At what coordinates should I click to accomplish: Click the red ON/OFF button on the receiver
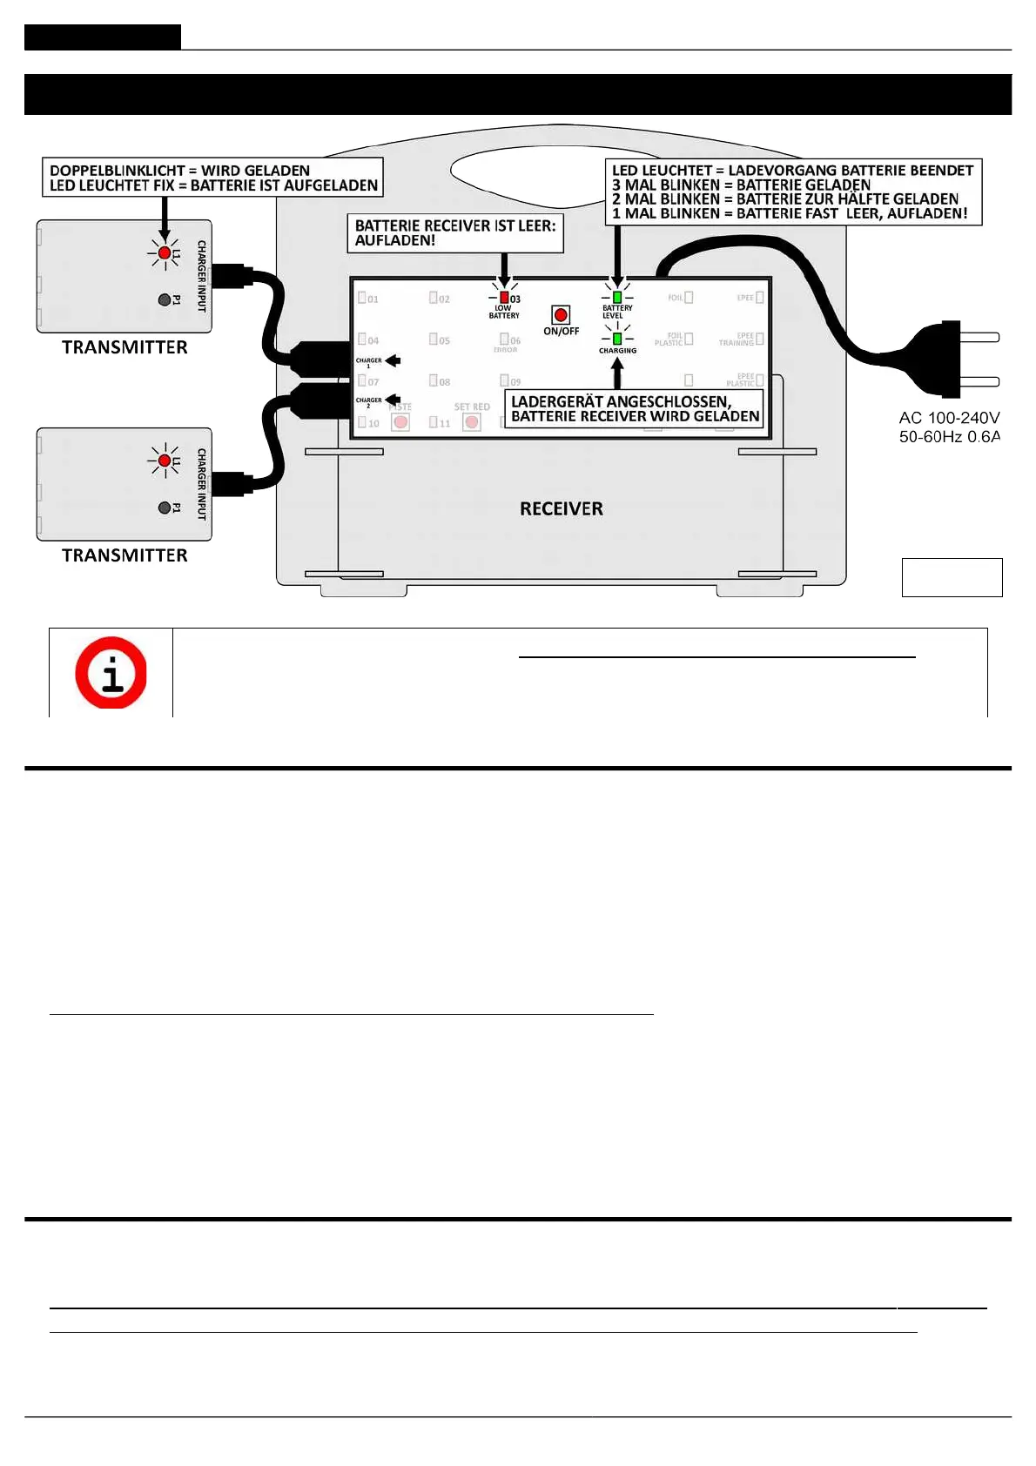tap(561, 314)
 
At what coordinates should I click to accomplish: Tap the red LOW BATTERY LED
tap(503, 298)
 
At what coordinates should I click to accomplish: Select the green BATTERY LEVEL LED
tap(617, 297)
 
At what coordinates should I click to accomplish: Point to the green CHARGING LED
tap(617, 338)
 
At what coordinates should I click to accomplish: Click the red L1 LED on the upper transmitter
tap(164, 252)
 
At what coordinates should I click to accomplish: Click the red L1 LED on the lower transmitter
tap(164, 460)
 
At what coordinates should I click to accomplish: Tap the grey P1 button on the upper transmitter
tap(164, 299)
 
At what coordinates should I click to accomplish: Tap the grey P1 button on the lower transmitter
tap(164, 508)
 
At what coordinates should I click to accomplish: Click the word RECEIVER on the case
tap(561, 508)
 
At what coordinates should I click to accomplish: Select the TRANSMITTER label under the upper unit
tap(124, 347)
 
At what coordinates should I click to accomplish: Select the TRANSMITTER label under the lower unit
tap(124, 555)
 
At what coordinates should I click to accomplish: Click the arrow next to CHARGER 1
tap(393, 360)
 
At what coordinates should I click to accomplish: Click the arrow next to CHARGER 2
tap(393, 400)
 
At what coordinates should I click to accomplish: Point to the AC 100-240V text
tap(949, 418)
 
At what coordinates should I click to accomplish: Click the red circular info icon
tap(111, 672)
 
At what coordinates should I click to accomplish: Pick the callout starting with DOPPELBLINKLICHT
tap(213, 178)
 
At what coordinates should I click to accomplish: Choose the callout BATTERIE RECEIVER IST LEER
tap(454, 233)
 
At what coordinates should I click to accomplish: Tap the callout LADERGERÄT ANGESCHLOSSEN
tap(635, 409)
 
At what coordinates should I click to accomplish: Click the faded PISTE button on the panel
tap(400, 422)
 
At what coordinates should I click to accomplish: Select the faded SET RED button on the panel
tap(472, 422)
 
